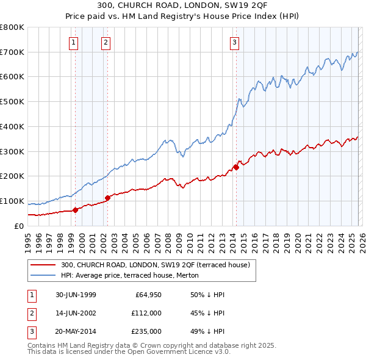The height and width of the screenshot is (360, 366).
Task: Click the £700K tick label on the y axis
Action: (x=12, y=52)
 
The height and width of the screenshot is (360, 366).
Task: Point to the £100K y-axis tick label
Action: (x=12, y=201)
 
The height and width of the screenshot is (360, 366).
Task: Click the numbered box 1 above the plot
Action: (x=73, y=42)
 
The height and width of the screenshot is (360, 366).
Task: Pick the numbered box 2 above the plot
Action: (x=106, y=42)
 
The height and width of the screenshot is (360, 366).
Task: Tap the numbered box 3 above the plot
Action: (x=234, y=42)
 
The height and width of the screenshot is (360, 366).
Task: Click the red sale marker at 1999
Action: (x=76, y=210)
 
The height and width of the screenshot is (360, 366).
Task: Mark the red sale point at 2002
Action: (x=107, y=198)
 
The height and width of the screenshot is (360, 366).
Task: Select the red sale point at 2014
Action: (x=235, y=167)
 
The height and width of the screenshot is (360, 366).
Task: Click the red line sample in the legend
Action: (x=43, y=264)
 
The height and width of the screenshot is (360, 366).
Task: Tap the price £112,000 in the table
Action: (x=147, y=313)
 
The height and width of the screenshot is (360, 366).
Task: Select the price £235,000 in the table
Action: (x=147, y=331)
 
